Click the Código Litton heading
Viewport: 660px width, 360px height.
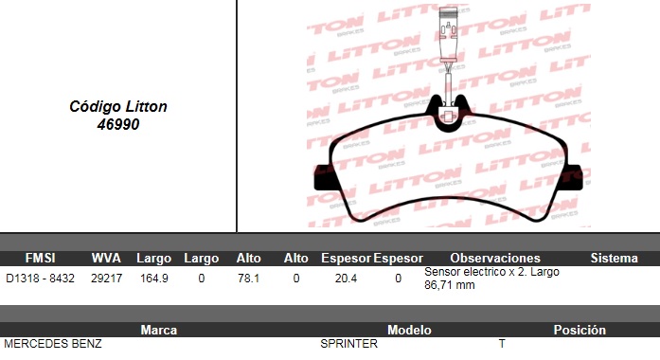click(118, 106)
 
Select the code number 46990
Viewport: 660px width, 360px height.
click(118, 125)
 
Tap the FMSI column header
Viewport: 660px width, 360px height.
click(41, 258)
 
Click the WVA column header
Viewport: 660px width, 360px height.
click(106, 258)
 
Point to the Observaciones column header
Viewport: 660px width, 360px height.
click(495, 258)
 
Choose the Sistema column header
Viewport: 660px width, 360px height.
click(615, 258)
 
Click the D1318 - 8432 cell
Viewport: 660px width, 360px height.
click(41, 279)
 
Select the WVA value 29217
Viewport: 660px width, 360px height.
click(106, 279)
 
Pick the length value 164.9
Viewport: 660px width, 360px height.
click(154, 279)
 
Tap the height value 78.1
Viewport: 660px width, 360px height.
click(248, 279)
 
